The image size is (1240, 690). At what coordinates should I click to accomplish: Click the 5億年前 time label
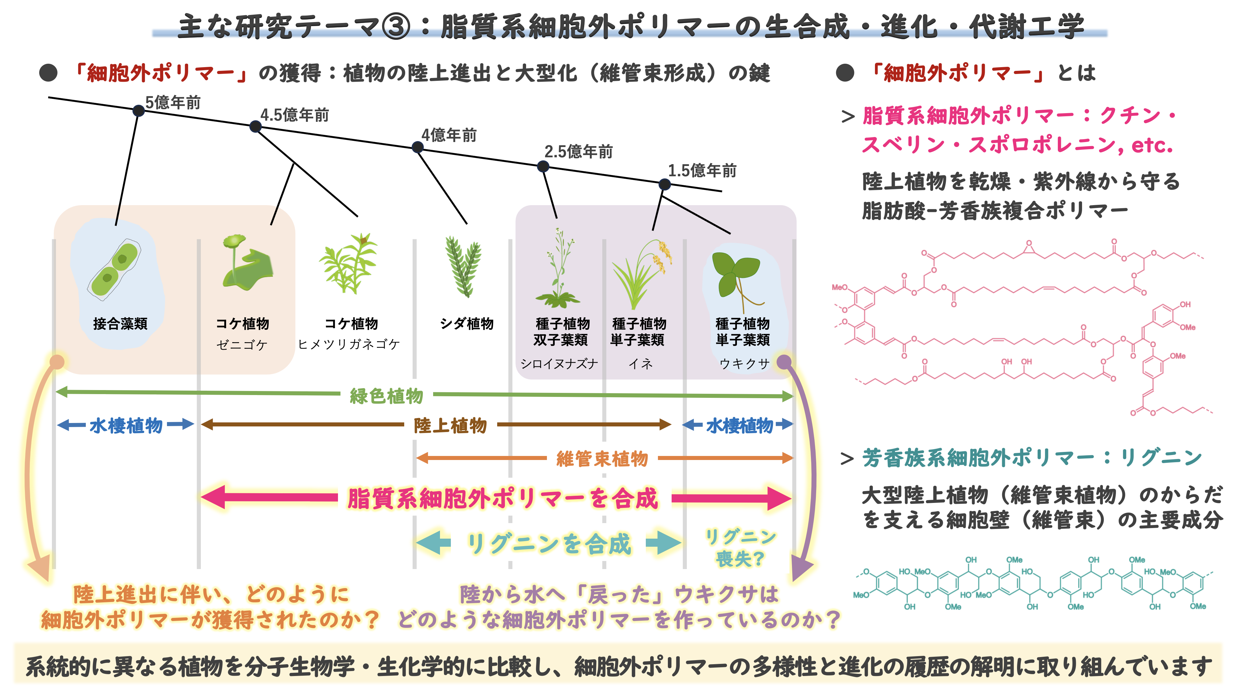pos(173,103)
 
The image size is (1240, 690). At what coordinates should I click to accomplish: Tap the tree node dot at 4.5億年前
pos(256,126)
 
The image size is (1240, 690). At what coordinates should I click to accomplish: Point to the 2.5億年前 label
pos(579,152)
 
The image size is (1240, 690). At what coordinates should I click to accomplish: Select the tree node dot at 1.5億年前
pos(664,184)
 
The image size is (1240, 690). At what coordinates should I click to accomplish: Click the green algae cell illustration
pos(114,270)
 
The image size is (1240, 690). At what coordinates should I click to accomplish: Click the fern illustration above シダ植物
pos(463,267)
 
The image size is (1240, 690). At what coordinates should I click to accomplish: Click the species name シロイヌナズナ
pos(559,364)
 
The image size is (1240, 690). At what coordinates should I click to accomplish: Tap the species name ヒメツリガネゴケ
pos(349,344)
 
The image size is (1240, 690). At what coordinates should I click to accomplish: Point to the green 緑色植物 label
pos(386,396)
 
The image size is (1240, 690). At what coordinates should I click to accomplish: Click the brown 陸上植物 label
pos(450,425)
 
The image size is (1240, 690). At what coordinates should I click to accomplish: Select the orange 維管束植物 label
pos(602,458)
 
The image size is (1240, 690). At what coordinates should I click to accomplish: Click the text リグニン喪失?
pos(740,548)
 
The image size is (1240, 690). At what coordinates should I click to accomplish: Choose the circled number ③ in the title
pos(396,26)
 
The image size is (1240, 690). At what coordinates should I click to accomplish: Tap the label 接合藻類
pos(120,323)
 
